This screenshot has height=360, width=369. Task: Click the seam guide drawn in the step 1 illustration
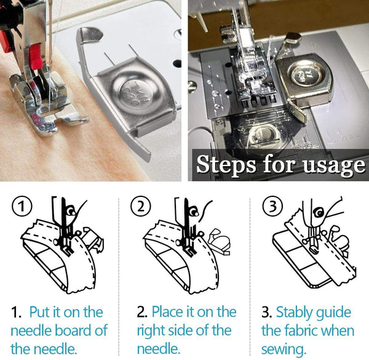92,237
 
